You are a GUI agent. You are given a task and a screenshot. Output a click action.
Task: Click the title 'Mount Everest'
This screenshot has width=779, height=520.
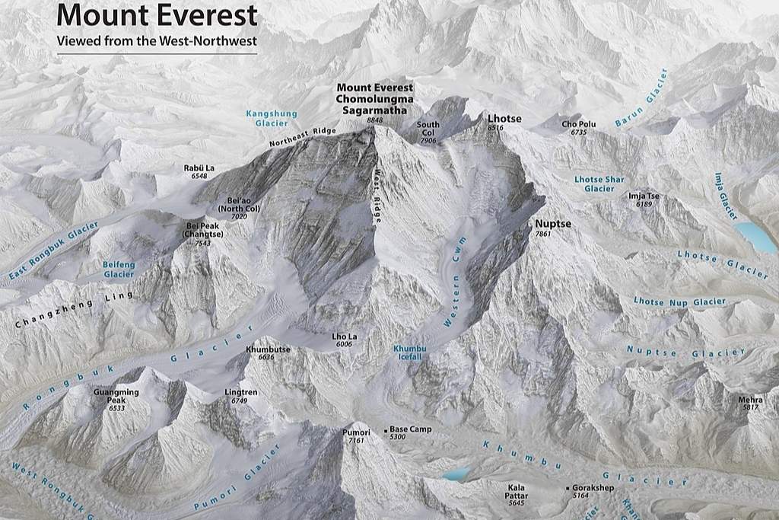(157, 14)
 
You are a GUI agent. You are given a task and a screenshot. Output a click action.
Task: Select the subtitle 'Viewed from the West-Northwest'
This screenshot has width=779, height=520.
(157, 40)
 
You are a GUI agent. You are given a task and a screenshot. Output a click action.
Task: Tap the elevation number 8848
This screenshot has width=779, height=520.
(374, 121)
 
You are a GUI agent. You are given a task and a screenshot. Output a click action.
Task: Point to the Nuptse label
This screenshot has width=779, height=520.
(553, 224)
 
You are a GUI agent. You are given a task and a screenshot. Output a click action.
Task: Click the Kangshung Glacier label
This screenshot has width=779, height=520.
(272, 118)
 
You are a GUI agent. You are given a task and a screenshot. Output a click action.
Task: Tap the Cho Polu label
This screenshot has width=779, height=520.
(579, 124)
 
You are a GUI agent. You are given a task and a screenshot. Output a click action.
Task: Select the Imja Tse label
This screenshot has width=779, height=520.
(644, 196)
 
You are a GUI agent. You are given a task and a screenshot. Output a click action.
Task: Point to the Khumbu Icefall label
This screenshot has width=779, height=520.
(410, 352)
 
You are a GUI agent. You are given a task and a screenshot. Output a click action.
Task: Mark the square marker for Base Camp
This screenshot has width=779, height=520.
(386, 430)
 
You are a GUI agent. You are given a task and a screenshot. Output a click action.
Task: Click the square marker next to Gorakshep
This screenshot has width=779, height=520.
(567, 488)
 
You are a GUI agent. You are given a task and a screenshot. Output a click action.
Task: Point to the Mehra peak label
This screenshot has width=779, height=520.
(750, 400)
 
